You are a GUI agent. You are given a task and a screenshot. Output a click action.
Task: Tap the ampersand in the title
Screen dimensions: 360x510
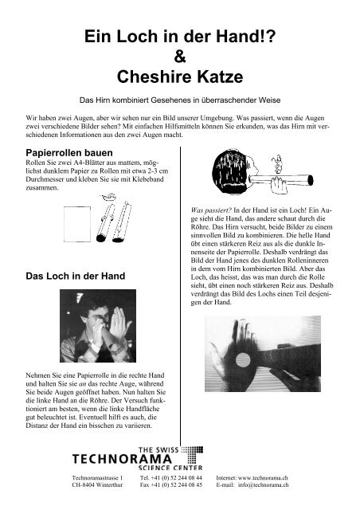coord(181,57)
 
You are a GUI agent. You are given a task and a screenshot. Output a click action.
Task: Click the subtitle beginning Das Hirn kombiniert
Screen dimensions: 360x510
coord(180,100)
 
